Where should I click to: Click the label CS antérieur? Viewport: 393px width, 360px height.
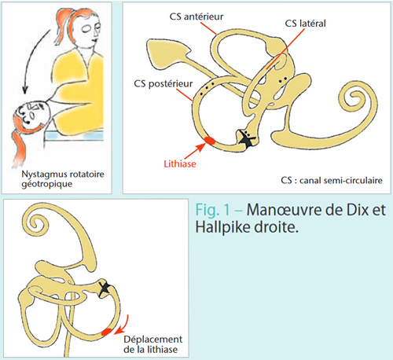click(196, 17)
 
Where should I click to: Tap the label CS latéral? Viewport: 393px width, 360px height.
click(305, 24)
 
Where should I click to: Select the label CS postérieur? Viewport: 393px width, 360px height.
click(163, 84)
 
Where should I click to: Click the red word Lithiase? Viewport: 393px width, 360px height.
click(180, 164)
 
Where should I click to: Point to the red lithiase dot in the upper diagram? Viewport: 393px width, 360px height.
click(210, 141)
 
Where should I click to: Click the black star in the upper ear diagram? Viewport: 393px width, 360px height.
click(246, 138)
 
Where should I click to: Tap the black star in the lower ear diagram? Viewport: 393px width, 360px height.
click(105, 288)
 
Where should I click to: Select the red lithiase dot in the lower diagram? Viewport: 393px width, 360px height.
click(106, 332)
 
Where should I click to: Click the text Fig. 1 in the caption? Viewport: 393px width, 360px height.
click(213, 210)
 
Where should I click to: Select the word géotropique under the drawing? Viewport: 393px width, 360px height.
click(47, 184)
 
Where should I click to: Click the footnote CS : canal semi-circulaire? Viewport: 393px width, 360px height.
click(332, 181)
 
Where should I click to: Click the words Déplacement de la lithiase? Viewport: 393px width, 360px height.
click(153, 344)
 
